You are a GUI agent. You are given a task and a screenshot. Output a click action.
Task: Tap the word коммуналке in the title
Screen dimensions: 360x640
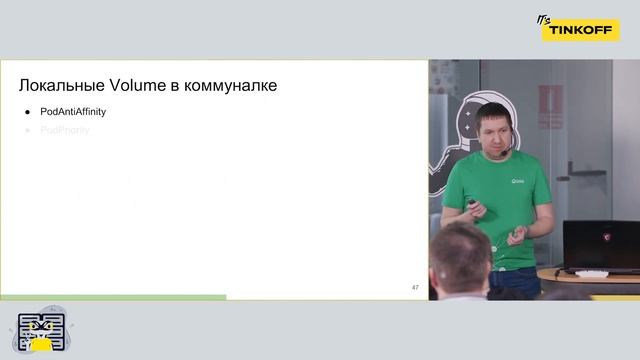pos(231,86)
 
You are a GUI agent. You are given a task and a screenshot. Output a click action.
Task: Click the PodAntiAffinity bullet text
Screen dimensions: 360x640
pos(73,112)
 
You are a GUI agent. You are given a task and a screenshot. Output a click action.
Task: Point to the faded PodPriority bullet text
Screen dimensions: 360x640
pos(65,130)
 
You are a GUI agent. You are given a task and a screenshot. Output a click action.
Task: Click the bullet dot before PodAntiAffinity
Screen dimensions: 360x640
pos(28,112)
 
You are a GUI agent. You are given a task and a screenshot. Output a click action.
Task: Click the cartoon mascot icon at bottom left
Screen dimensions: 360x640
pos(41,334)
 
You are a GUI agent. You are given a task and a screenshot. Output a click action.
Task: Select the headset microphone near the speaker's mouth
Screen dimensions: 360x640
pos(505,151)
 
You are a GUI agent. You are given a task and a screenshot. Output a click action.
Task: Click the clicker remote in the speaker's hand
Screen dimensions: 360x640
pos(474,207)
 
